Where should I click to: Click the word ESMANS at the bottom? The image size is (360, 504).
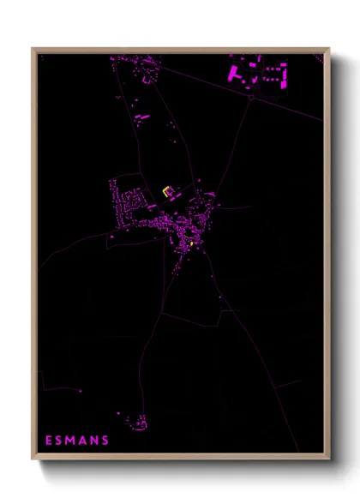pos(77,441)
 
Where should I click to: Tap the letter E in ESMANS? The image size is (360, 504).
pos(49,441)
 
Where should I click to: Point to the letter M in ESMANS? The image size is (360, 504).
pos(72,441)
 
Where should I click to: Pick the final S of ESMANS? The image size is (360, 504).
pos(105,441)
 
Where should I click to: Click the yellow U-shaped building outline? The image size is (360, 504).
pos(169,191)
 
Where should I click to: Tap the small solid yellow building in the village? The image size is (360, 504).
pos(191,244)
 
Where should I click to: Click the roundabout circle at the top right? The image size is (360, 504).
pos(251,97)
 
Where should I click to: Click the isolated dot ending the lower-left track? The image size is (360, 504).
pos(81,391)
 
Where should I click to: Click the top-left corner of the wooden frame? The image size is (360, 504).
pos(33,49)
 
